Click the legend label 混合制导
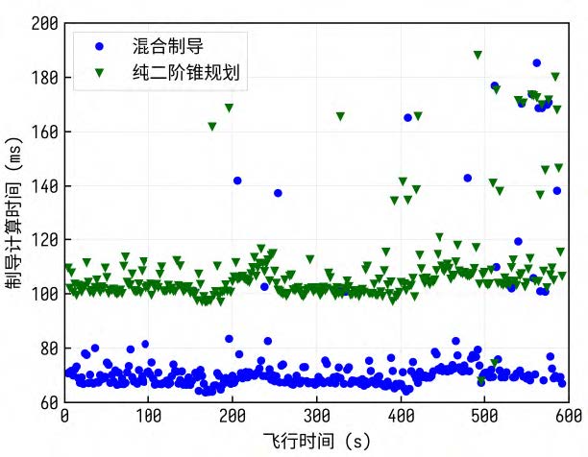point(168,45)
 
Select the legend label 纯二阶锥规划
point(187,72)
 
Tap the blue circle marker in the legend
point(99,45)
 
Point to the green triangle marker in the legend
point(99,72)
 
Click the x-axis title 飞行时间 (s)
point(316,441)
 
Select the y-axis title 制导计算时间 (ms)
point(14,211)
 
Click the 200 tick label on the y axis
point(44,23)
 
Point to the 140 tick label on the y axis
point(44,185)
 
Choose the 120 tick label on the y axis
point(44,239)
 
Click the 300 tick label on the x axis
point(316,417)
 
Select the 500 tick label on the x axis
point(484,417)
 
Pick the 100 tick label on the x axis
point(148,417)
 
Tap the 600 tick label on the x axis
point(568,417)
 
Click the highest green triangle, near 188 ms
point(478,55)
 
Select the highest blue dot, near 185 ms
point(537,63)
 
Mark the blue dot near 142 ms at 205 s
point(237,180)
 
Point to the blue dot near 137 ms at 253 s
point(278,193)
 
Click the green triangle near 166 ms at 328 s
point(340,116)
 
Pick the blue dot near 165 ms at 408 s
point(407,117)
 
